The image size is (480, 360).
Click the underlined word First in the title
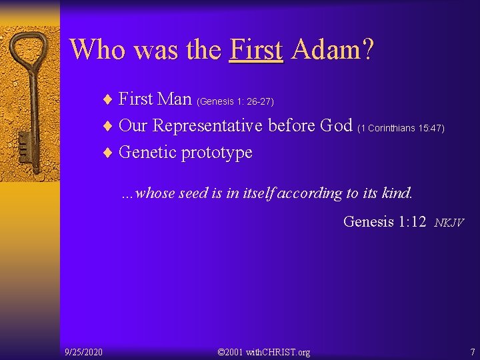point(256,49)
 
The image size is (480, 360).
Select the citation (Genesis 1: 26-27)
point(235,101)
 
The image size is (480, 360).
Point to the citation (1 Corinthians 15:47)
point(401,127)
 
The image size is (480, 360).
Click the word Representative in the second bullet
point(209,125)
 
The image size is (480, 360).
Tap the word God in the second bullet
point(337,125)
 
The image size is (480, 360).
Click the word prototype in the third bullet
point(217,153)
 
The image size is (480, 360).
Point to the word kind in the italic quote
point(398,193)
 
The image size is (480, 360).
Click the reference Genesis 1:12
point(384,221)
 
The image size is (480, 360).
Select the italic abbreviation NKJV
point(448,223)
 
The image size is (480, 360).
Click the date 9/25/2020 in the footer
point(83,351)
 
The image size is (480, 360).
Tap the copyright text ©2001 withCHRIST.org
point(264,351)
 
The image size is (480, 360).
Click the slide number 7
point(472,351)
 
